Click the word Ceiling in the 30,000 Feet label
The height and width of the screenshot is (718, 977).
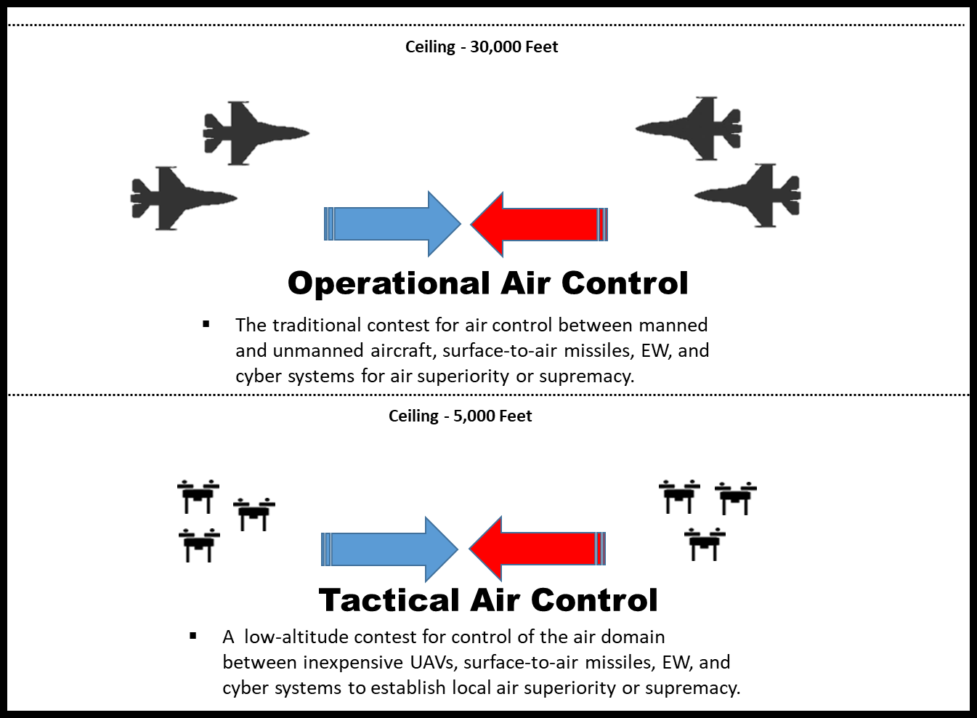coord(430,47)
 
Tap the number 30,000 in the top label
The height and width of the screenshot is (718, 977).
coord(495,47)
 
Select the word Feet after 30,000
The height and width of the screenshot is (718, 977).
coord(541,47)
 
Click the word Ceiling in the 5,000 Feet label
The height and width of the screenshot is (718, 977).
coord(413,416)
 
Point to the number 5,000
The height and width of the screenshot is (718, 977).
coord(474,416)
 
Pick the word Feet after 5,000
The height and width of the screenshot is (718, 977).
coord(515,416)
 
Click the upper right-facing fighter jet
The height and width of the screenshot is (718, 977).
coord(251,133)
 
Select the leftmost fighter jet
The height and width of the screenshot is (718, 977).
coord(178,198)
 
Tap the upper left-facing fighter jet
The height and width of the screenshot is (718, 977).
coord(694,129)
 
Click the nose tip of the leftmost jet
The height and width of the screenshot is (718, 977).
coord(236,198)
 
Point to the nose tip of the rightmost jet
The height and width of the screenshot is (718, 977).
coord(695,195)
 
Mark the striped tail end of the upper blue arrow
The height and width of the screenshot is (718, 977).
coord(329,224)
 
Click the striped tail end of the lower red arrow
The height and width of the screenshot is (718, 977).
coord(600,549)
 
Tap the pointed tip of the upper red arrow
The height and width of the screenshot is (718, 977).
coord(471,225)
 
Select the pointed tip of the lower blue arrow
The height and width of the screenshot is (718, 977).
coord(458,549)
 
